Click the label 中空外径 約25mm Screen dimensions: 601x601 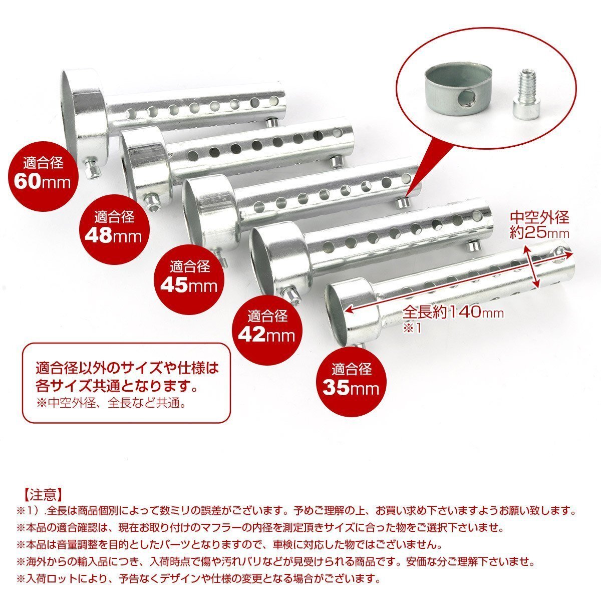point(539,225)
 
